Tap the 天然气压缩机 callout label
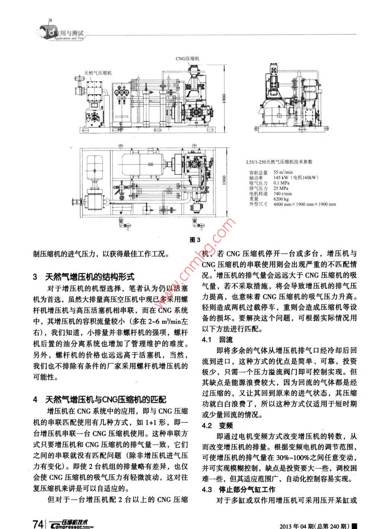pos(98,73)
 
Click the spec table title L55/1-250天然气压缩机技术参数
pos(279,162)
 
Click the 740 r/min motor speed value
pos(283,194)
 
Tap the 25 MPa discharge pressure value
pos(281,189)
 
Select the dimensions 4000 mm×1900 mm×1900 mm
pos(304,204)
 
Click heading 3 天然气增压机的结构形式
pos(83,277)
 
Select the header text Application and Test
pos(69,38)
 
